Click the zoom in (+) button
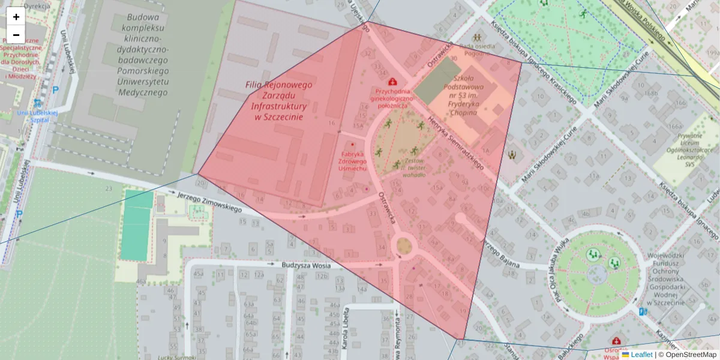pos(16,17)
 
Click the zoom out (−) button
pos(16,34)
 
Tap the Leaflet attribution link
pos(641,355)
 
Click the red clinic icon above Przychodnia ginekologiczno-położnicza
pos(392,81)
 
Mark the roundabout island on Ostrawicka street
pos(404,245)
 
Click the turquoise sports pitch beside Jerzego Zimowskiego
pos(136,225)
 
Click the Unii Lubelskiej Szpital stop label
pos(37,116)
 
